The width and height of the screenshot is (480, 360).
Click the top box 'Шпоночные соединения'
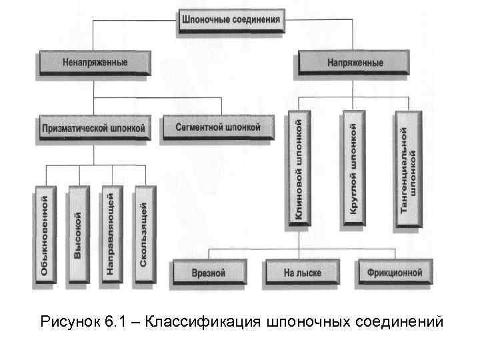coord(231,19)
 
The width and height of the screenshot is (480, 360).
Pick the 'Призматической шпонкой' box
coord(93,127)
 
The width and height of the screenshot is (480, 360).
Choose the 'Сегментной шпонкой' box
coord(218,127)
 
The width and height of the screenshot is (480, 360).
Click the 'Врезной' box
coord(209,273)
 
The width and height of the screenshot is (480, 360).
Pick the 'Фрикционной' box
coord(394,273)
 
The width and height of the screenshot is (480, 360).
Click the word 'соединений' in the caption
coord(400,322)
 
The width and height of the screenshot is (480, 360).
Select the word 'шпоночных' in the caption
coord(309,322)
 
